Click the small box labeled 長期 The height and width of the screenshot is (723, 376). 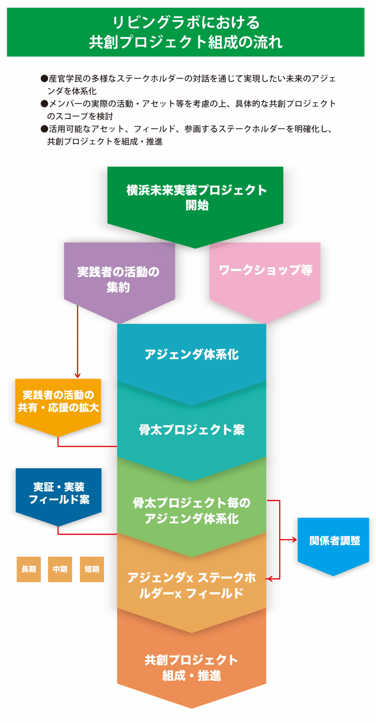(29, 569)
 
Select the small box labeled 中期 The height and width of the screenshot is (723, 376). (60, 569)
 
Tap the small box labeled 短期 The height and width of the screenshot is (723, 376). (92, 569)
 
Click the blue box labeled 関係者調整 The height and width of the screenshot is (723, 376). (334, 541)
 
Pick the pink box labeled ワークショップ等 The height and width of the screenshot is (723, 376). (265, 270)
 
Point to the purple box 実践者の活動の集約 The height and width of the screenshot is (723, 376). (118, 279)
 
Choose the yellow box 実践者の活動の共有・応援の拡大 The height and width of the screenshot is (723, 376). (58, 401)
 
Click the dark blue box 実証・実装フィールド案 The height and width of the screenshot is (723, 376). (59, 493)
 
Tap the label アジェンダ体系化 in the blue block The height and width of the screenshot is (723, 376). (192, 355)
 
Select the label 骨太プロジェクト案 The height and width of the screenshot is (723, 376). (192, 430)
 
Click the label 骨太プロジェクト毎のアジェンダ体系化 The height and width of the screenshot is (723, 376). (192, 511)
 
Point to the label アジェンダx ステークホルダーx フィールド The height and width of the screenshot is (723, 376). (192, 585)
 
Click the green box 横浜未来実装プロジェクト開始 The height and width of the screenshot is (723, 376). (196, 197)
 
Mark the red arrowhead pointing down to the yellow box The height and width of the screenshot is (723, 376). (77, 376)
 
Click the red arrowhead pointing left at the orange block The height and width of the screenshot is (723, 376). (268, 579)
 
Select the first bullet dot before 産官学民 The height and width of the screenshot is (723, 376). (44, 78)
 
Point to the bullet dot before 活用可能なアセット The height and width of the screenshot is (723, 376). (44, 129)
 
